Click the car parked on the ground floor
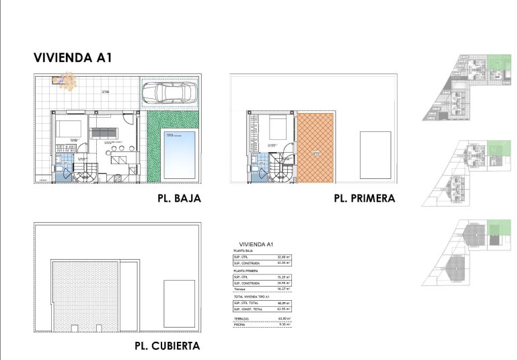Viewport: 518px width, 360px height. (x=170, y=92)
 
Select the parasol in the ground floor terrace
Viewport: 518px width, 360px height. (x=66, y=81)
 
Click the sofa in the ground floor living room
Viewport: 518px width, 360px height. (x=105, y=131)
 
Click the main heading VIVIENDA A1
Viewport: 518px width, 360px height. (x=72, y=58)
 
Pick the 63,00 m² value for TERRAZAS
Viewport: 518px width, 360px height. (x=284, y=318)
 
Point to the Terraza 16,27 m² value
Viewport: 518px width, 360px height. (x=284, y=289)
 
